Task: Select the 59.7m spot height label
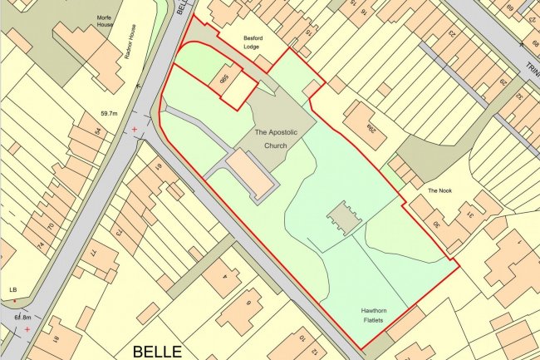[x=110, y=113]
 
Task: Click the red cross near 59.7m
[x=135, y=130]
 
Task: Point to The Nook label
[x=439, y=190]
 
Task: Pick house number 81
[x=157, y=170]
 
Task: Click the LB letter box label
[x=12, y=288]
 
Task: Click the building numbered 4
[x=223, y=274]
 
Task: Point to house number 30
[x=437, y=225]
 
